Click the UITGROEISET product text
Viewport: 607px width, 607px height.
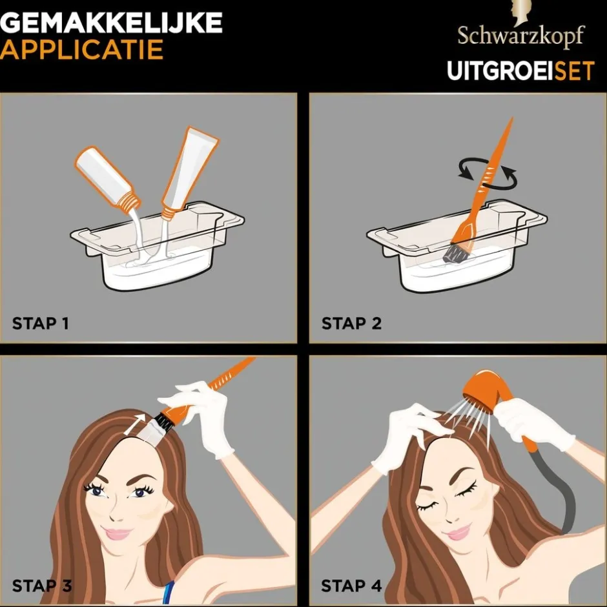coord(520,70)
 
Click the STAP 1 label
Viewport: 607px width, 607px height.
coord(40,323)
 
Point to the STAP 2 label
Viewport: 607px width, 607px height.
coord(351,323)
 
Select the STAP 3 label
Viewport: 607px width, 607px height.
coord(42,586)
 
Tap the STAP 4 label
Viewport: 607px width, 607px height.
coord(352,586)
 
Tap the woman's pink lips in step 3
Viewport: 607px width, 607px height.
coord(118,534)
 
